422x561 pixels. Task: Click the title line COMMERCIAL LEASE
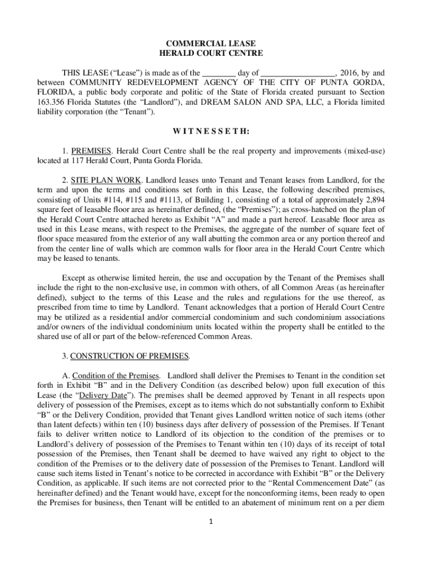click(211, 43)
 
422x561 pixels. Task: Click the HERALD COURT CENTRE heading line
click(211, 53)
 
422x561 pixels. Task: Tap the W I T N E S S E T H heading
click(210, 132)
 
